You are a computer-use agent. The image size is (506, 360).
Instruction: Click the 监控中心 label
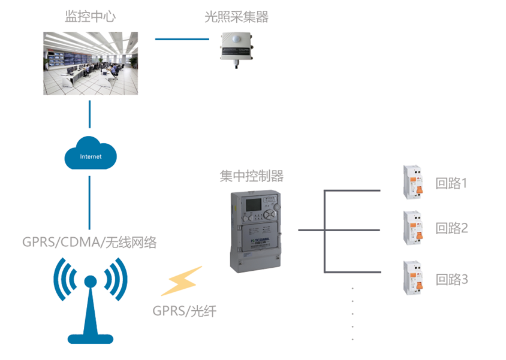[90, 17]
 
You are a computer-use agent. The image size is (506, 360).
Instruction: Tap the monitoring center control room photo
[91, 63]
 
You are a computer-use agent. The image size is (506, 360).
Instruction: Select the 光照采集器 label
[236, 17]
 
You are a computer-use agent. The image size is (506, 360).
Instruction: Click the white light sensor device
[237, 47]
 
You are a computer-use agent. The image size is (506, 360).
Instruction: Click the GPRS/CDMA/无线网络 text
[90, 243]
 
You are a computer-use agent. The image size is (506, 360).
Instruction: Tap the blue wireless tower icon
[91, 300]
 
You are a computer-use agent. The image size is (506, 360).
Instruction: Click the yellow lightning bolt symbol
[181, 281]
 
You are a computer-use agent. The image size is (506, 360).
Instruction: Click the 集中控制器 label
[251, 176]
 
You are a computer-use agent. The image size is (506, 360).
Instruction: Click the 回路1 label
[451, 183]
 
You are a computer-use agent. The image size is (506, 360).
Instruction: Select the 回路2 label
[451, 228]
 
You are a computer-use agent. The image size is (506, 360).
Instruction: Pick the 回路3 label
[451, 279]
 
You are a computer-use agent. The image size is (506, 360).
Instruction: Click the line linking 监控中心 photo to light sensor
[182, 40]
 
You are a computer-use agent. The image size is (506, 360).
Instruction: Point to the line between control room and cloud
[90, 114]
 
